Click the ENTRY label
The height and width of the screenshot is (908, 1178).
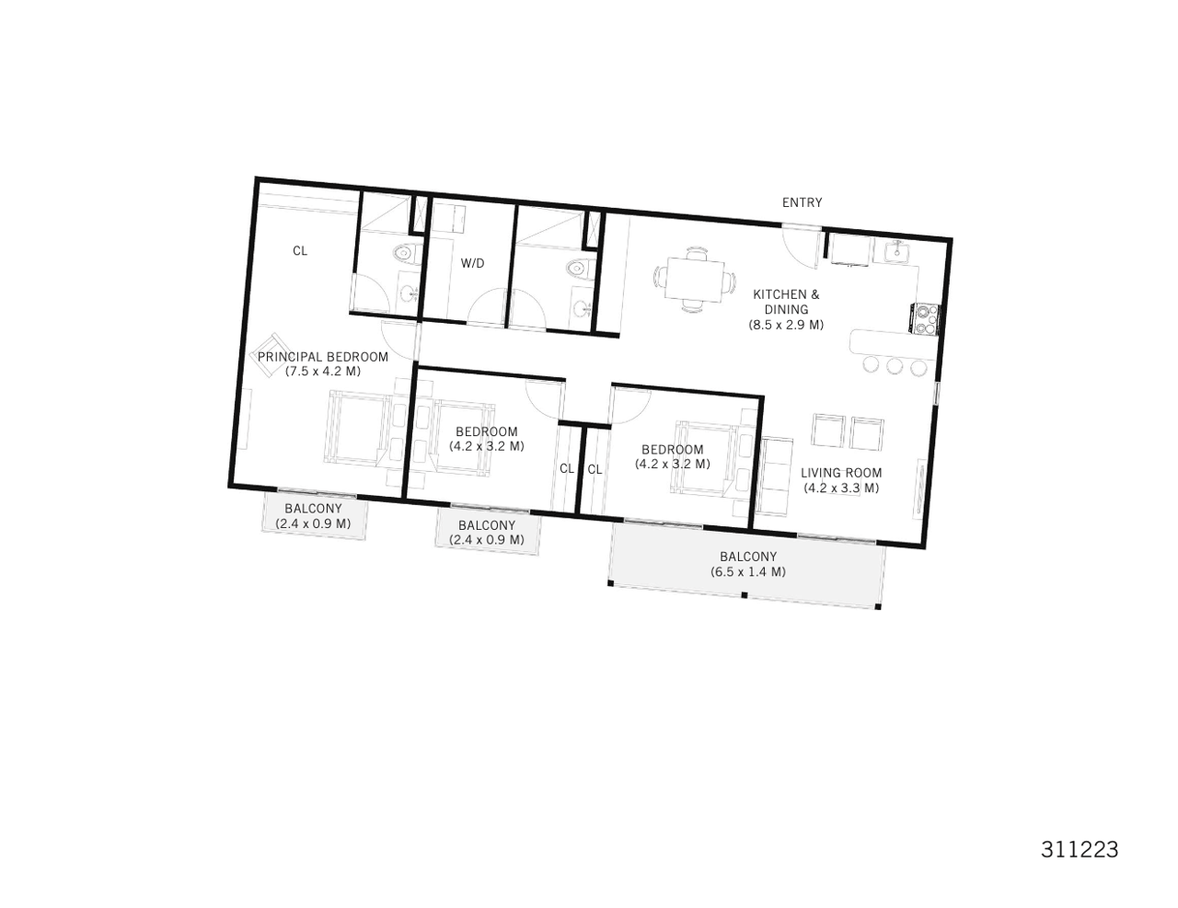click(802, 202)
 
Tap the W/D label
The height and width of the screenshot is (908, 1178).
click(472, 263)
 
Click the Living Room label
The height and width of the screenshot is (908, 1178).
click(841, 480)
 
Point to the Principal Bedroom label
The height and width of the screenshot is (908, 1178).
click(323, 363)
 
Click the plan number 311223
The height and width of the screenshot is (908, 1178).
click(1080, 849)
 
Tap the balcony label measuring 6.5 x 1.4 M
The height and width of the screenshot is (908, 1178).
click(747, 564)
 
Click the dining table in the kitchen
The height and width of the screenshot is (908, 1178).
click(695, 278)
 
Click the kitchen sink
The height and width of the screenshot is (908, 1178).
click(895, 250)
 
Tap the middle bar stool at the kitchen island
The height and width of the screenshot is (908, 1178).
click(895, 367)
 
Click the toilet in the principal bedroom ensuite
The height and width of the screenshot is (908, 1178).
click(402, 253)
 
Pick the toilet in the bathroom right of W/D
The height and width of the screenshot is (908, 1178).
click(576, 270)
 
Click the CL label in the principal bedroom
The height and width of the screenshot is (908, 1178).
click(300, 250)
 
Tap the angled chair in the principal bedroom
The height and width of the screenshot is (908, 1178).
click(267, 354)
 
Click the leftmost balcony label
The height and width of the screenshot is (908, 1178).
click(313, 516)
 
